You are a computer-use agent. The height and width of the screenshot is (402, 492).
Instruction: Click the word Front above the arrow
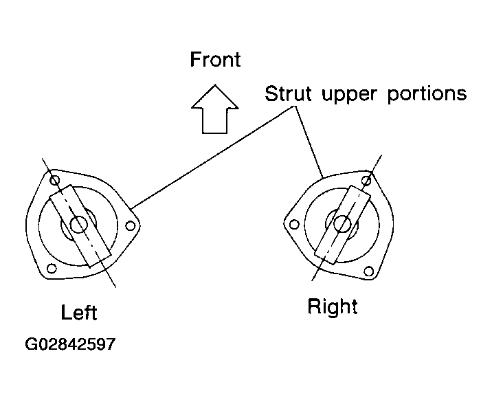[x=215, y=59]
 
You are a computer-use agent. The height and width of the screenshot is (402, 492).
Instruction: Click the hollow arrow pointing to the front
[x=215, y=109]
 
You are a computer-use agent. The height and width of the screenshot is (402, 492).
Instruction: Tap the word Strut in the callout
[x=289, y=93]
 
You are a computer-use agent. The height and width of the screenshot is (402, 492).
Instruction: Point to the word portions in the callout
[x=427, y=95]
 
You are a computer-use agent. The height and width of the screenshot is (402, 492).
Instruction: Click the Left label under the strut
[x=79, y=312]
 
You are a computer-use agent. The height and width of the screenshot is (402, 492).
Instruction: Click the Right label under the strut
[x=333, y=306]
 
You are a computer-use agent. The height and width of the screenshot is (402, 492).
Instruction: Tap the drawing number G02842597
[x=70, y=344]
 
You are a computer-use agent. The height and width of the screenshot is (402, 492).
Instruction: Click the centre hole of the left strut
[x=78, y=225]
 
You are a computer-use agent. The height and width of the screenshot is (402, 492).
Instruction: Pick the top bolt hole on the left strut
[x=54, y=181]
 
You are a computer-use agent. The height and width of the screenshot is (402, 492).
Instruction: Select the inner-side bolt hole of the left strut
[x=131, y=225]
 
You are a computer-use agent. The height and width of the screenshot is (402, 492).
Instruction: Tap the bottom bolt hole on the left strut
[x=52, y=269]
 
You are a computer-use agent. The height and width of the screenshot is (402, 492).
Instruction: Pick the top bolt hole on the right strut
[x=366, y=181]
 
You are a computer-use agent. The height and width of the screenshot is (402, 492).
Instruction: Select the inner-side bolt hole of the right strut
[x=294, y=225]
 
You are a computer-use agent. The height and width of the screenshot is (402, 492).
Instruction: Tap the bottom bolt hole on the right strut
[x=369, y=271]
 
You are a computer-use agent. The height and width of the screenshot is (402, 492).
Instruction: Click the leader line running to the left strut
[x=212, y=157]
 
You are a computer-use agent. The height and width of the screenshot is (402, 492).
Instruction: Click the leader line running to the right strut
[x=309, y=142]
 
